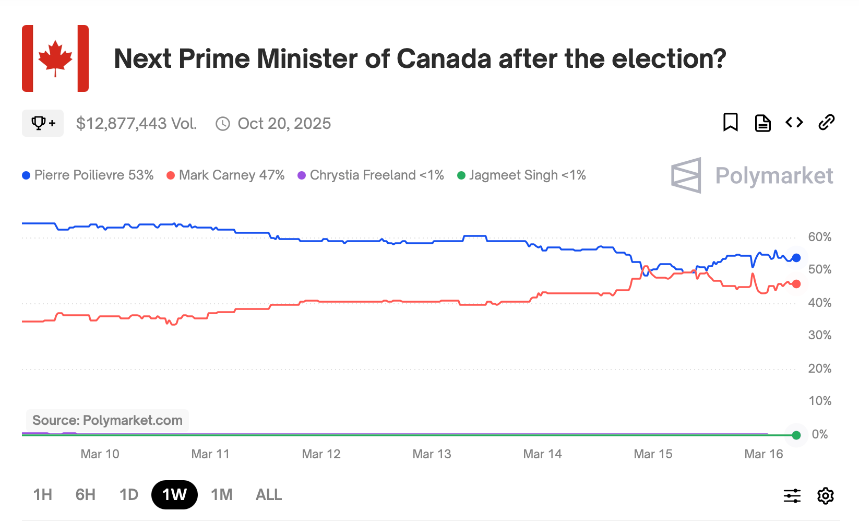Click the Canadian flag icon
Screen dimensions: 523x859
(x=55, y=58)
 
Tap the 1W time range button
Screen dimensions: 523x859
(x=174, y=494)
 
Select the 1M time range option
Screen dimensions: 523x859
(x=222, y=494)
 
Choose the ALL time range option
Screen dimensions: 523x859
(x=269, y=494)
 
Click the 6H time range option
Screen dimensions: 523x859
(x=86, y=494)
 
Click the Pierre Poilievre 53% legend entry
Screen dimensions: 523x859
(x=88, y=175)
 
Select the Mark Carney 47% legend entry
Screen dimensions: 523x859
(x=225, y=175)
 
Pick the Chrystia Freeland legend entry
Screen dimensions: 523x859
(x=371, y=175)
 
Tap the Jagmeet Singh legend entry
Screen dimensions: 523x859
(x=521, y=175)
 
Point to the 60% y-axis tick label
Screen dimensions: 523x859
(x=819, y=237)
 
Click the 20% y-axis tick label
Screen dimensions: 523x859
(x=819, y=369)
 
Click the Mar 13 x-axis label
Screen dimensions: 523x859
(x=432, y=454)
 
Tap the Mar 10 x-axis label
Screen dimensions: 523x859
(x=100, y=454)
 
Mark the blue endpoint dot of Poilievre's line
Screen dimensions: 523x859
(x=796, y=258)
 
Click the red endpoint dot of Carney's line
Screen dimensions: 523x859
(x=796, y=284)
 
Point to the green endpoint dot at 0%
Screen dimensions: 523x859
(x=796, y=435)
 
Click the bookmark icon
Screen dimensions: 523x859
(x=730, y=123)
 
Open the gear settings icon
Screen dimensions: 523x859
(x=825, y=495)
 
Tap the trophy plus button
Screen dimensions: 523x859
(x=43, y=123)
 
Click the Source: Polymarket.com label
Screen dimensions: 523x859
(x=108, y=420)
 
